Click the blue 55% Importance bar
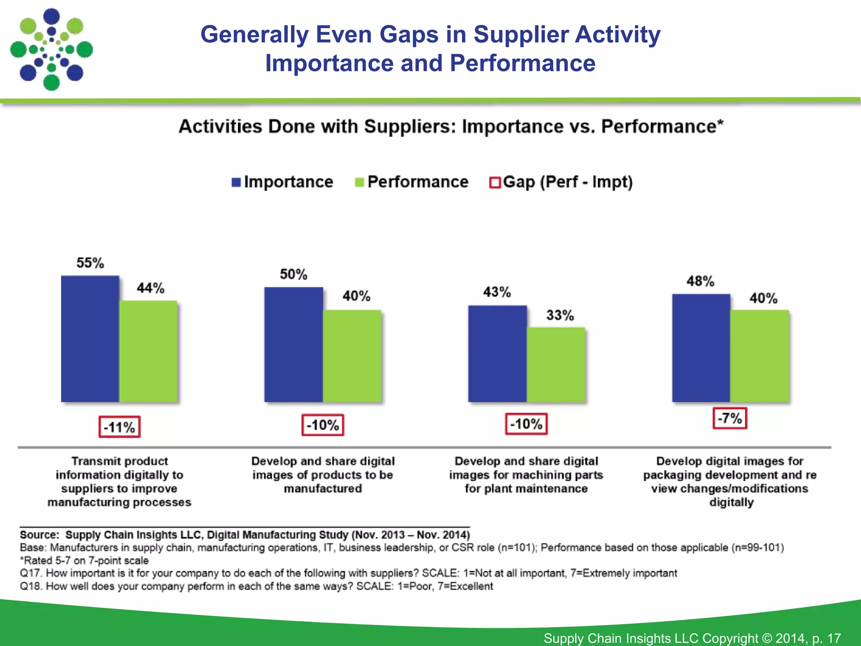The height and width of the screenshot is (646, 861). pos(90,339)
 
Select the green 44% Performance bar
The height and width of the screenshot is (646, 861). pos(148,352)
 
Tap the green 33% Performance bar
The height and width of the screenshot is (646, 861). pos(556,365)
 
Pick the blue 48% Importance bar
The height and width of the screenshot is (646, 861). pos(701,348)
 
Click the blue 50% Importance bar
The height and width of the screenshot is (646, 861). pos(293,345)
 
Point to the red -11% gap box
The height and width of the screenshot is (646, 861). pos(119,427)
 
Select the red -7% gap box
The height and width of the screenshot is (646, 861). pos(730,418)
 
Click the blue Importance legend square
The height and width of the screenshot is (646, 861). pos(236,183)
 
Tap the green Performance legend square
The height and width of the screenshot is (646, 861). pos(359,183)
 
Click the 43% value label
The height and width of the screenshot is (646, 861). pos(497,292)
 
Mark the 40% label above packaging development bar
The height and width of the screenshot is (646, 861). pos(763,299)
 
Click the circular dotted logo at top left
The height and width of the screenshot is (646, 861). pos(51,50)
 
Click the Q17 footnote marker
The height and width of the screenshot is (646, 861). pos(31,573)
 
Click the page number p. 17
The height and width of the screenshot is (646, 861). pos(826,638)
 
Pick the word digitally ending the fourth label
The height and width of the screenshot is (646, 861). pos(732,503)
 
